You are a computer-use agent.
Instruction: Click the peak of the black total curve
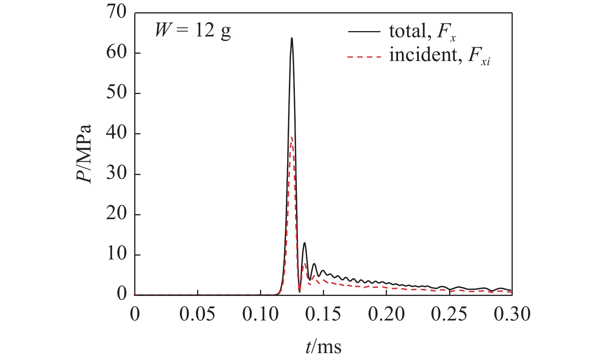click(292, 38)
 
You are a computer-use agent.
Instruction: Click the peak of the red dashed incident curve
click(292, 137)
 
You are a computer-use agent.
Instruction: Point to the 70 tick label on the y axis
click(117, 12)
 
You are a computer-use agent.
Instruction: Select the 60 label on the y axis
click(117, 53)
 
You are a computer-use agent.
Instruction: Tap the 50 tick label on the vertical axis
click(117, 93)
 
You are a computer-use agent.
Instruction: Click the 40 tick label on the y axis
click(117, 134)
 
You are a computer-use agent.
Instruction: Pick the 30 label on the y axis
click(117, 174)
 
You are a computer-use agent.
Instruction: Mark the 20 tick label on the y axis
click(117, 215)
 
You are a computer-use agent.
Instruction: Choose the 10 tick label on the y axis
click(117, 255)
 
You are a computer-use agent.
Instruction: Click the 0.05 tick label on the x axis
click(197, 314)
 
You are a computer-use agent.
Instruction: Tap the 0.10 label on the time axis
click(260, 314)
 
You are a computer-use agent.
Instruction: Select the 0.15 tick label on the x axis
click(323, 314)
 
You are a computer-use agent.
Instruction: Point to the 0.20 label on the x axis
click(386, 314)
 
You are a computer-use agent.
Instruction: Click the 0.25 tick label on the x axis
click(449, 314)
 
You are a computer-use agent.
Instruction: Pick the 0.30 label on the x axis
click(512, 314)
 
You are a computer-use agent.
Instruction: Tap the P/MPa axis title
click(84, 154)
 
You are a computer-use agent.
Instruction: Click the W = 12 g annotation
click(193, 30)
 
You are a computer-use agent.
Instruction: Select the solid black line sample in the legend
click(364, 32)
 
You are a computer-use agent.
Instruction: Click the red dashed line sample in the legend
click(364, 57)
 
